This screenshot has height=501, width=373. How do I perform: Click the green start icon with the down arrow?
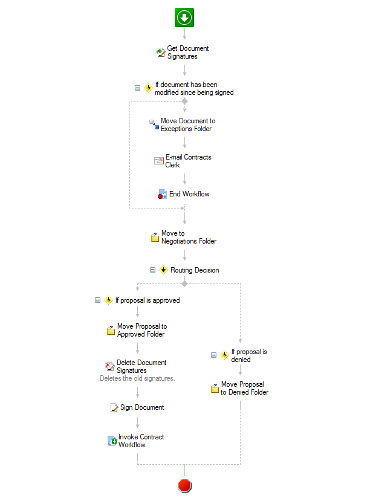click(x=184, y=18)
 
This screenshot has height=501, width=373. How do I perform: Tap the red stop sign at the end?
click(x=185, y=486)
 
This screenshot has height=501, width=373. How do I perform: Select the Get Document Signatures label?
click(x=187, y=53)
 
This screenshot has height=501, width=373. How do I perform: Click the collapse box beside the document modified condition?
click(x=137, y=88)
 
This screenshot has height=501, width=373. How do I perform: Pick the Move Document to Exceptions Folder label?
click(x=188, y=125)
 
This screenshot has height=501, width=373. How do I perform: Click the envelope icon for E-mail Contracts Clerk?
click(x=159, y=161)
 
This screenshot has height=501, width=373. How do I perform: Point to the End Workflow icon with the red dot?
click(x=162, y=194)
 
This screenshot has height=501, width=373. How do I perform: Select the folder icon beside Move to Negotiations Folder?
click(x=155, y=237)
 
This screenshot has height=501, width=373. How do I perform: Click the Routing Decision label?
click(x=195, y=270)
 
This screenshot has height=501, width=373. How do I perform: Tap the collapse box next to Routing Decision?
click(x=153, y=270)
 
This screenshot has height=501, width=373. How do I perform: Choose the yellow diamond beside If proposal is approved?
click(x=109, y=300)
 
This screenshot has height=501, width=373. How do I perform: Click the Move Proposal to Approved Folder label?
click(x=142, y=331)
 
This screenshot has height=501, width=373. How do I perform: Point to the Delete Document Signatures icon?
click(x=110, y=366)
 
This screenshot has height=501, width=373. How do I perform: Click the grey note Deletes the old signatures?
click(x=137, y=379)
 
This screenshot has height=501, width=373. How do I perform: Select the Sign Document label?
click(x=142, y=408)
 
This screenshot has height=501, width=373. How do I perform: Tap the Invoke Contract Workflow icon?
click(x=112, y=441)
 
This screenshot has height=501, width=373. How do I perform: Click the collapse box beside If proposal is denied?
click(x=214, y=355)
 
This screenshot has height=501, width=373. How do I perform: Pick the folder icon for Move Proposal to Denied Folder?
click(x=215, y=388)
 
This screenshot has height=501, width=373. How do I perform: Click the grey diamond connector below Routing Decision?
click(x=184, y=283)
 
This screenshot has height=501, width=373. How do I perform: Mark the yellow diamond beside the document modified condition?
click(x=148, y=88)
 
